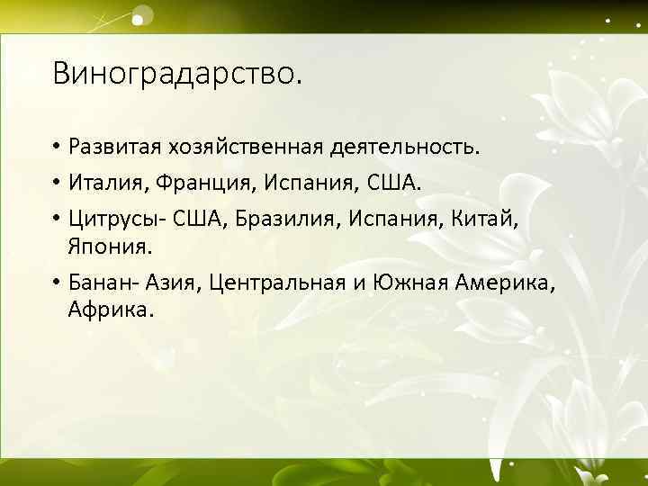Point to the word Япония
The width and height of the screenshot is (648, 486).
point(104,247)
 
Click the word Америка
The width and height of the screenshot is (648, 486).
point(507,284)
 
